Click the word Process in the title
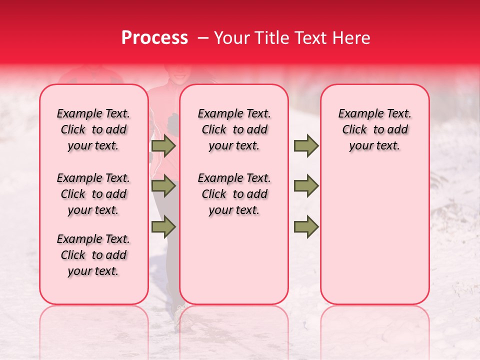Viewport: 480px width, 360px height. coord(154,38)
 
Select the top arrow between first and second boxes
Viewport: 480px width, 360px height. coord(163,146)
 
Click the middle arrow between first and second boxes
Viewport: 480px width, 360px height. coord(163,186)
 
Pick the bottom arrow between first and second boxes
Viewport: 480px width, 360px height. coord(163,226)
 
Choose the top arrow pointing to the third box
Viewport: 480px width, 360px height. coord(306,146)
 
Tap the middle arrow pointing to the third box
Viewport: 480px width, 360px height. coord(306,186)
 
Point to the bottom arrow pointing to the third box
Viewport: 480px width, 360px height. coord(306,226)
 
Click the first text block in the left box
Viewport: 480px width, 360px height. coord(93,129)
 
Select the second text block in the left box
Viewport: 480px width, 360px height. coord(93,194)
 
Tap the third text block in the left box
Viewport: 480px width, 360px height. coord(93,255)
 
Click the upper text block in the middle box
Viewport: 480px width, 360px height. coord(234,129)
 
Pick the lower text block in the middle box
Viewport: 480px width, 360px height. coord(234,194)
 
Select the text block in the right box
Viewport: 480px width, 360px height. coord(374,129)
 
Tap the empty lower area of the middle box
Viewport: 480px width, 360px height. coord(234,260)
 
